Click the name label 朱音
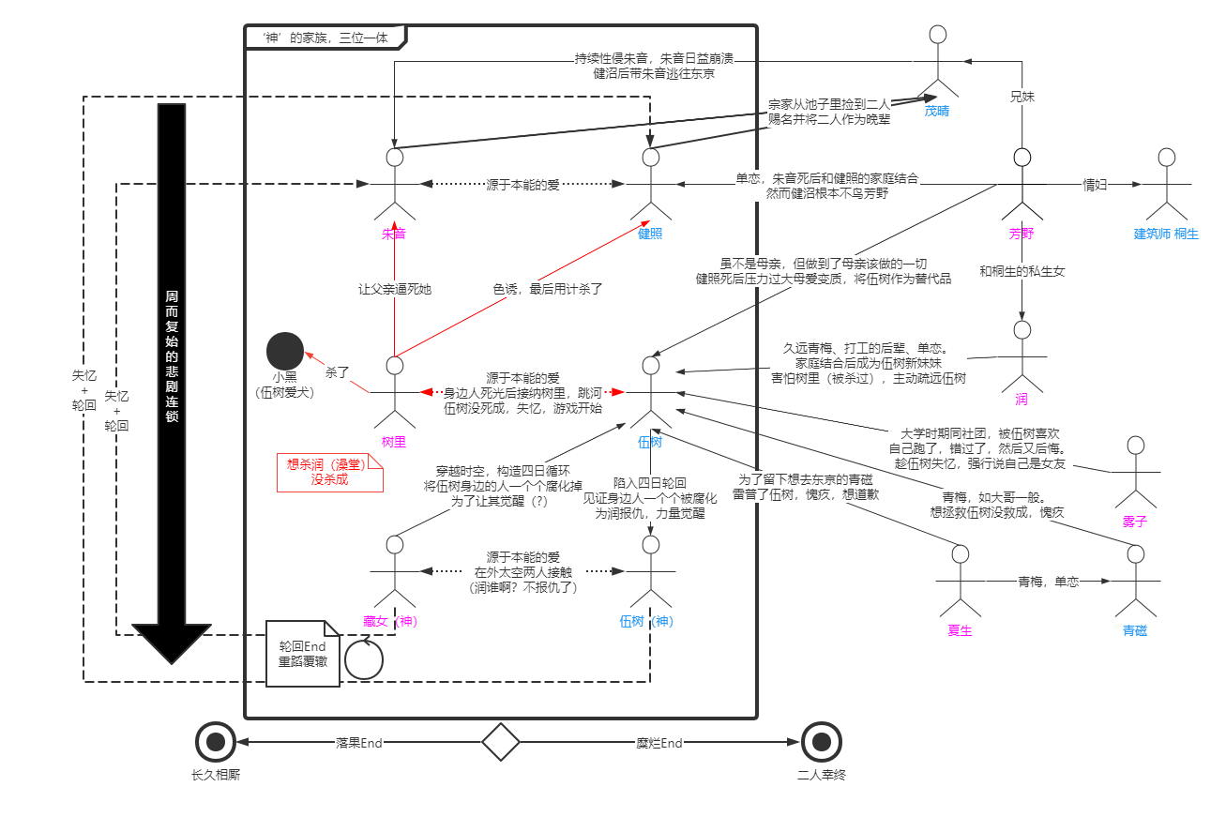(394, 234)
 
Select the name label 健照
(650, 234)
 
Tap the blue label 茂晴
(936, 111)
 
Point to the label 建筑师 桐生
(1166, 234)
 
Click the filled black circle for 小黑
(285, 351)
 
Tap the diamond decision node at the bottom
(501, 742)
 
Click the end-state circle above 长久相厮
(216, 742)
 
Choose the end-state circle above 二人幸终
(822, 742)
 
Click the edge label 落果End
(359, 743)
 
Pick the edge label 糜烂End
(659, 743)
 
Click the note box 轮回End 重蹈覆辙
(302, 654)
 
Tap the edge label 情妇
(1096, 184)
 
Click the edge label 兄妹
(1022, 96)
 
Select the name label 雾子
(1135, 522)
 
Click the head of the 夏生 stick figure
(960, 554)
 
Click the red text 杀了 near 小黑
(337, 372)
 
